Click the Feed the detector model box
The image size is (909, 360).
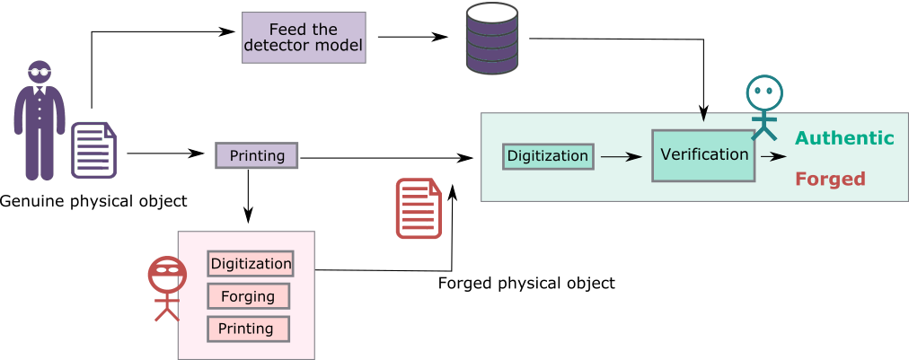[x=304, y=37]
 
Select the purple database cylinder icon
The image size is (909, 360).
[x=491, y=39]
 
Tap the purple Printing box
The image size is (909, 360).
[x=256, y=155]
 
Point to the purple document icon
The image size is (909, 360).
[x=93, y=150]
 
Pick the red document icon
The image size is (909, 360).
[x=419, y=208]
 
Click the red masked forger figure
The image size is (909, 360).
[x=167, y=288]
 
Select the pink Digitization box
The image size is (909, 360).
[x=251, y=264]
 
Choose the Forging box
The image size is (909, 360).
[x=248, y=296]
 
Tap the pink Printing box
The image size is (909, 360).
[x=248, y=329]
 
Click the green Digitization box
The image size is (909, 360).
[x=548, y=156]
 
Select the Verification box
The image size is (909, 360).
[x=703, y=154]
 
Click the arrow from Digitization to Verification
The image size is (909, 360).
[x=621, y=156]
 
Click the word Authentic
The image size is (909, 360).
[x=844, y=138]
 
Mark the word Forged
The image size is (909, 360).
[x=830, y=179]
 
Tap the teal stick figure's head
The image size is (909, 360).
[x=763, y=92]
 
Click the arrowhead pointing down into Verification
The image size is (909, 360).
[x=703, y=117]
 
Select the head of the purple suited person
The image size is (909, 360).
[x=39, y=72]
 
